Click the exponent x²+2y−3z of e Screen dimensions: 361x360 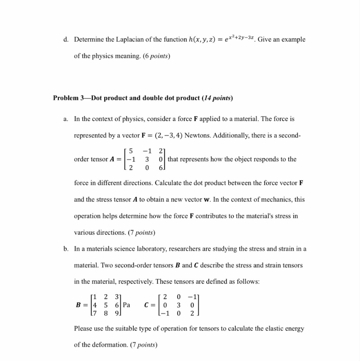241,37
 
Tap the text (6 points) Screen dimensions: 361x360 157,56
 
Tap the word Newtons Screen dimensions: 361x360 197,135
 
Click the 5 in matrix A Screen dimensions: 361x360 131,151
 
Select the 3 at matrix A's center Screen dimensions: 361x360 147,159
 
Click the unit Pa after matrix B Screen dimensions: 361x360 126,305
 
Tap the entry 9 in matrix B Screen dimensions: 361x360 117,313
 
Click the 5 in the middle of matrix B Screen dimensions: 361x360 106,305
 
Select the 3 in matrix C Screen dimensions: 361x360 179,305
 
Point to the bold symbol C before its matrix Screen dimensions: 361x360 147,305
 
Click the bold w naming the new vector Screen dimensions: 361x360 207,199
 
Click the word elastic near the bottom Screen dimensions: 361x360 265,329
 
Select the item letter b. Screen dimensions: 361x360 66,249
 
